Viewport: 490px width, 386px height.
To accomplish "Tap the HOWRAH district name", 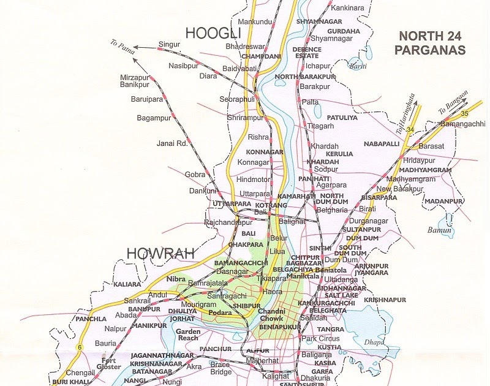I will pyautogui.click(x=160, y=252).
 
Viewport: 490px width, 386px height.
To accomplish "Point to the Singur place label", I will pyautogui.click(x=170, y=45).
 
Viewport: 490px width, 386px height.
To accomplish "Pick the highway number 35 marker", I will pyautogui.click(x=464, y=113).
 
